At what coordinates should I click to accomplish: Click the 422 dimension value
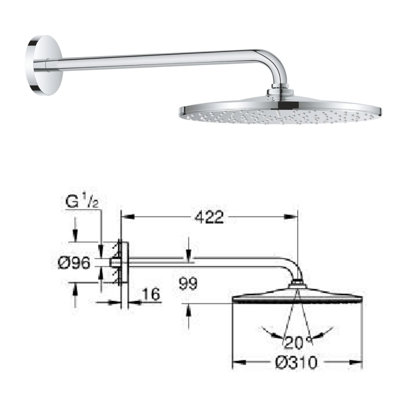pyautogui.click(x=209, y=218)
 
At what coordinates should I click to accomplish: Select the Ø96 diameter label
pyautogui.click(x=74, y=263)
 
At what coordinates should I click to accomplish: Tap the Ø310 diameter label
pyautogui.click(x=296, y=362)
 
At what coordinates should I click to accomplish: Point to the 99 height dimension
pyautogui.click(x=188, y=283)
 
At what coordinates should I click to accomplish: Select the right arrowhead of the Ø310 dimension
pyautogui.click(x=358, y=362)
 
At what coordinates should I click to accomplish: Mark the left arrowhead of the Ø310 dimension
pyautogui.click(x=236, y=362)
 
